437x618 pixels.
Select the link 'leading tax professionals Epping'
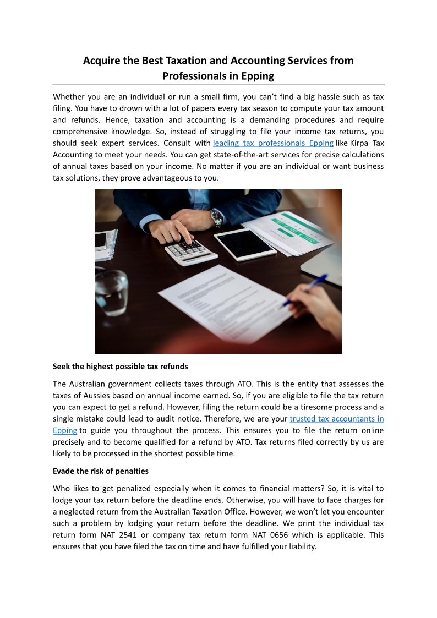(273, 143)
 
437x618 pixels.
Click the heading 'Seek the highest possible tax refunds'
(120, 367)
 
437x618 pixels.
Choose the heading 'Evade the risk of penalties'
(101, 471)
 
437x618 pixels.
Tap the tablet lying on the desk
(245, 243)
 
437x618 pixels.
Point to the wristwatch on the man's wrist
(217, 218)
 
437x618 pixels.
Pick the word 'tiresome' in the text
(307, 407)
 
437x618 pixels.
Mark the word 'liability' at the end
(299, 546)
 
